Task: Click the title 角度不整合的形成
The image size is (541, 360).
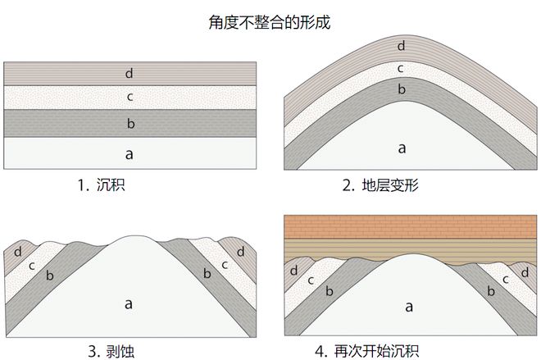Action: [x=270, y=19]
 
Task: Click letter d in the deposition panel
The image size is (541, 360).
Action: [x=129, y=74]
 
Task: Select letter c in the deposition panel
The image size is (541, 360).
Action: [x=130, y=98]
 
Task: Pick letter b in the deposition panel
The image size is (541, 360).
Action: [x=130, y=124]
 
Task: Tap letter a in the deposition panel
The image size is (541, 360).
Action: [x=129, y=153]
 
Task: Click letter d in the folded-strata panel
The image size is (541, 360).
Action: [x=401, y=46]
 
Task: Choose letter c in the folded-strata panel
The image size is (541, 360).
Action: [x=401, y=67]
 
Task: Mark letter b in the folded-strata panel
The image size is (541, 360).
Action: [x=401, y=88]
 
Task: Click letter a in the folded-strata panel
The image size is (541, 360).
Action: [x=402, y=148]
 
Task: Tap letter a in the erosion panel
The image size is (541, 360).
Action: [x=129, y=303]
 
